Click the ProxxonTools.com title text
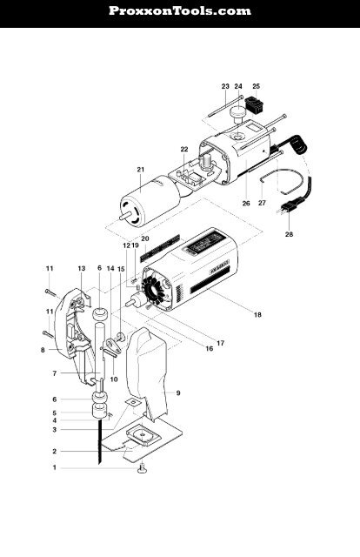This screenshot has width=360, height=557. click(180, 11)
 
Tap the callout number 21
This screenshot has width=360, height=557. click(140, 169)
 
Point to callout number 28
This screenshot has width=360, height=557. click(289, 234)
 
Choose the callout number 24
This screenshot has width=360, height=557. click(238, 87)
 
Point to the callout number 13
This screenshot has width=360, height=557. click(82, 268)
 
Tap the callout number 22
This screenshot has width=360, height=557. click(183, 149)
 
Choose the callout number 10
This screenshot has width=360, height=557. click(114, 379)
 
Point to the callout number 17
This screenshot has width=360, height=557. click(220, 343)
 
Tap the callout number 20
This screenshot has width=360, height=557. click(145, 238)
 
